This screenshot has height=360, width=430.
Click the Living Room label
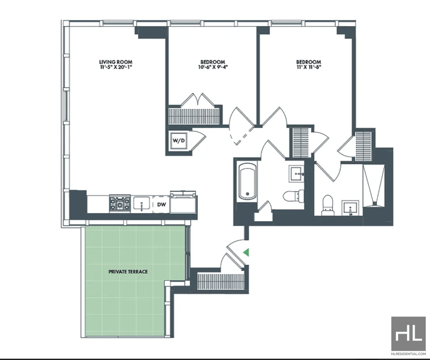pos(116,62)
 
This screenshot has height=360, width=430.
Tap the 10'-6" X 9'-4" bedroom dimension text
pos(212,67)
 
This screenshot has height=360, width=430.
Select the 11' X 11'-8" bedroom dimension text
pos(309,67)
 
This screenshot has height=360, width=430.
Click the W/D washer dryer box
pos(178,141)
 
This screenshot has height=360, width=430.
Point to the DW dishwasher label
pos(161,204)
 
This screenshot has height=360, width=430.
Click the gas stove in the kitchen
pos(120,203)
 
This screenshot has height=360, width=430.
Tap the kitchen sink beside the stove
pos(141,203)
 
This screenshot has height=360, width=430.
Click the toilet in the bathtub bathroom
pos(293,195)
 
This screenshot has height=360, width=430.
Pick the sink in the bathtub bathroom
pos(297,174)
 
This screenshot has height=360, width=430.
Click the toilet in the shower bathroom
pos(328,205)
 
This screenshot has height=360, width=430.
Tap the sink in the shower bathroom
pos(350,208)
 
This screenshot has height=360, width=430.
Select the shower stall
pos(374,185)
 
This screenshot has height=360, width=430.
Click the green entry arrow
pos(246,252)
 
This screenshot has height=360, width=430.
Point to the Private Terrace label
pos(128,272)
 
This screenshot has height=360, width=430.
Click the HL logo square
pos(408,334)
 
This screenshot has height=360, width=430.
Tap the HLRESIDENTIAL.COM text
pos(408,354)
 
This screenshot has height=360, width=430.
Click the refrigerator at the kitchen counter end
pos(183,202)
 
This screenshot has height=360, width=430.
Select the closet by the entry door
pos(220,281)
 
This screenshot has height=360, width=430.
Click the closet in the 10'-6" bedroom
pos(193,116)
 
